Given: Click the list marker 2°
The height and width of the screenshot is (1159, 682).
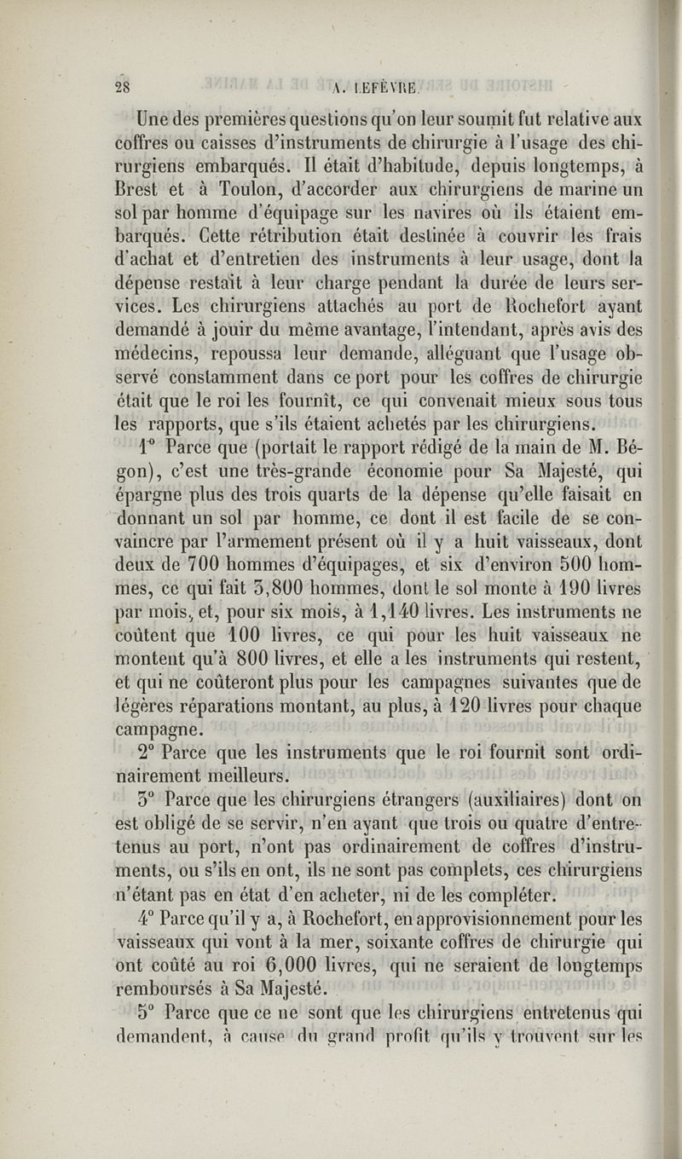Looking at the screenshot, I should tap(147, 752).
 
